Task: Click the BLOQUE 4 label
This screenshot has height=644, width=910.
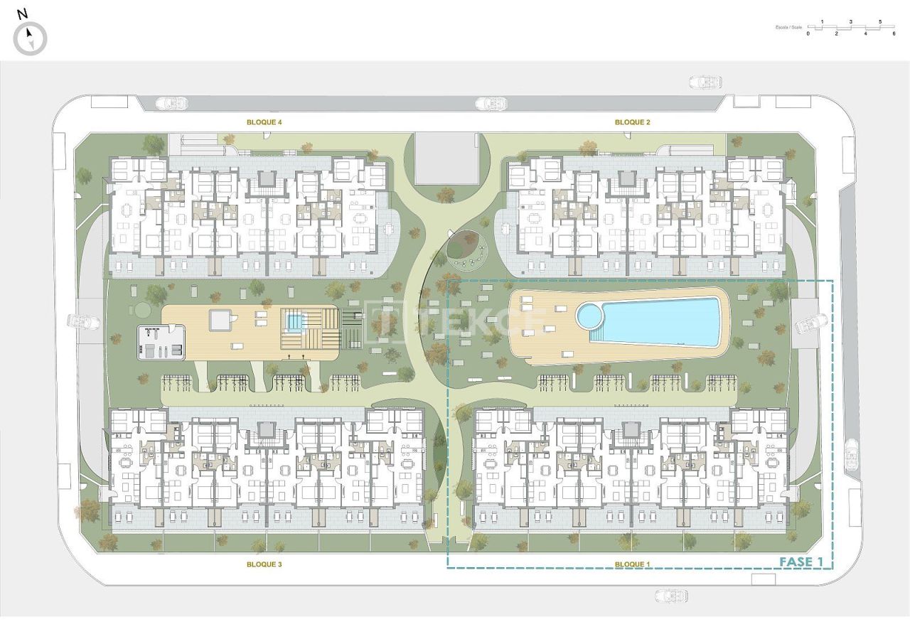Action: point(264,122)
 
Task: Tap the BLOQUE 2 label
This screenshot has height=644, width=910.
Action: point(632,122)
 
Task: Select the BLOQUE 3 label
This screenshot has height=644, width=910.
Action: point(264,564)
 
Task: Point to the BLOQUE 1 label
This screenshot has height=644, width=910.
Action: point(632,564)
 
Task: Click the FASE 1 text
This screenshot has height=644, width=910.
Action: point(801,562)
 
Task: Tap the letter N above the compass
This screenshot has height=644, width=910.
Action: point(22,14)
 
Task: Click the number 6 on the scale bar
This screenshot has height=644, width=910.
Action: point(894,33)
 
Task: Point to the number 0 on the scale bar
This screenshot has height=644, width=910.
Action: point(808,33)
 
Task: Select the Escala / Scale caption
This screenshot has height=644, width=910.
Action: point(788,28)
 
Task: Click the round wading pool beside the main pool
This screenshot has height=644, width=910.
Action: point(589,316)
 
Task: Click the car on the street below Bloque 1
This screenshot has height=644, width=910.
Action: point(671,595)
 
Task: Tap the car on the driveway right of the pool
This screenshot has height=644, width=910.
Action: point(810,326)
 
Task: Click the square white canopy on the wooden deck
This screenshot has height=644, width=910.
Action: point(220,321)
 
